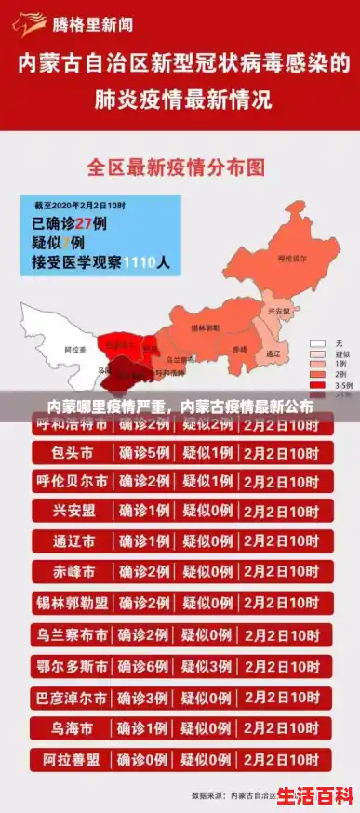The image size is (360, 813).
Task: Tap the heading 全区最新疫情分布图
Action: pos(176,168)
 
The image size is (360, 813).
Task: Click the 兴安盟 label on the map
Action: pos(278,312)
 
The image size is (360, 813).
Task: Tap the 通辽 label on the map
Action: pos(273,353)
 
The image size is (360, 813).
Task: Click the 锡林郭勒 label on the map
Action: pos(206,328)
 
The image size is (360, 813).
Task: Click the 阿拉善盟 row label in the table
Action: pos(73,758)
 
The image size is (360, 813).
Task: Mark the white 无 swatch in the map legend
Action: pos(317,344)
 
